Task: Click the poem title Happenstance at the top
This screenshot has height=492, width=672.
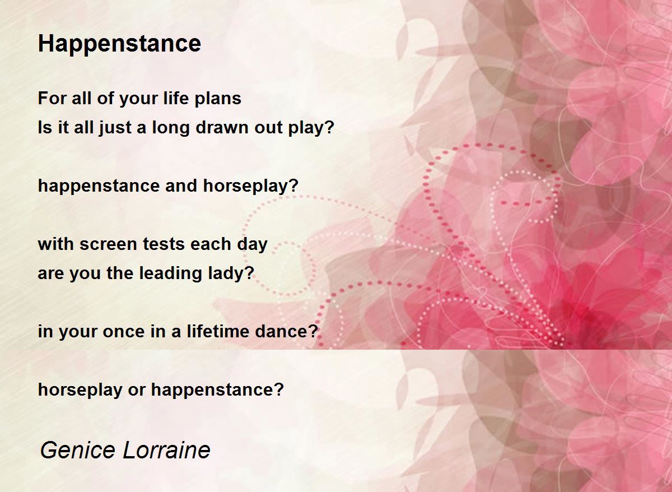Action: pyautogui.click(x=119, y=44)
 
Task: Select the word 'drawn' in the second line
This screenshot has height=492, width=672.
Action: pyautogui.click(x=222, y=127)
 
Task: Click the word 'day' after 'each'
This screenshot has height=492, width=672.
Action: pyautogui.click(x=252, y=245)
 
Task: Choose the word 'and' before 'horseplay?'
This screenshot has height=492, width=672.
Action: pyautogui.click(x=181, y=186)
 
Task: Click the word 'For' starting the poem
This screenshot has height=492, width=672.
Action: pyautogui.click(x=52, y=98)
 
